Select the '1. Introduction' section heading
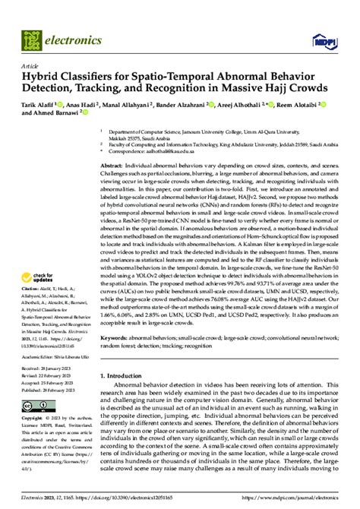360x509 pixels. coord(125,397)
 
